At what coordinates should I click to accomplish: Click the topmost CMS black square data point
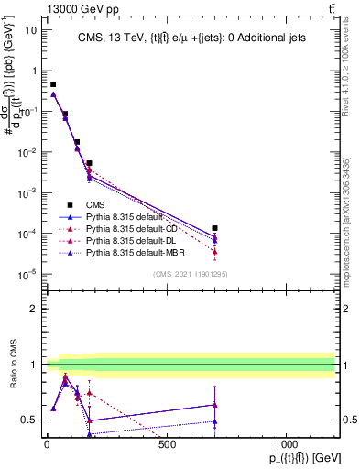coord(53,84)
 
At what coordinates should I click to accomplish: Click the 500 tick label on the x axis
coord(167,445)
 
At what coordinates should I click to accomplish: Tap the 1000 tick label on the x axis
coord(287,445)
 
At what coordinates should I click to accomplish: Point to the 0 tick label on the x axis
coord(47,445)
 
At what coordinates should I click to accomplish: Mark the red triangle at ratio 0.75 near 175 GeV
coord(89,392)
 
